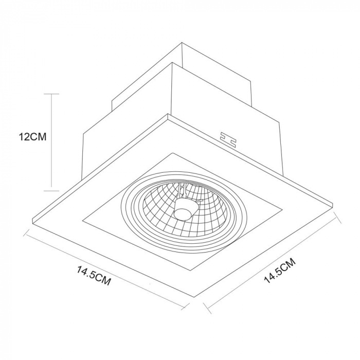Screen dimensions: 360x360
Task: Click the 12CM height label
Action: coord(32,137)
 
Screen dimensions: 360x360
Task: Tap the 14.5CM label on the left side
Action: coord(94,276)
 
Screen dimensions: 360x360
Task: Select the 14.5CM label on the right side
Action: coord(279,270)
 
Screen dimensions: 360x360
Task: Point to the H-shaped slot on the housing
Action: coord(228,139)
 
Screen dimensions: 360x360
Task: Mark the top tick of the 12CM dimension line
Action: coord(51,94)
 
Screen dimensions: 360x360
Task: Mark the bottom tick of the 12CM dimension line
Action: coord(51,191)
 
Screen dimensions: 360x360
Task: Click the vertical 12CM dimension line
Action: coord(51,142)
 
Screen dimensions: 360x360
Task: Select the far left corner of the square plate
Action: coord(33,219)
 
